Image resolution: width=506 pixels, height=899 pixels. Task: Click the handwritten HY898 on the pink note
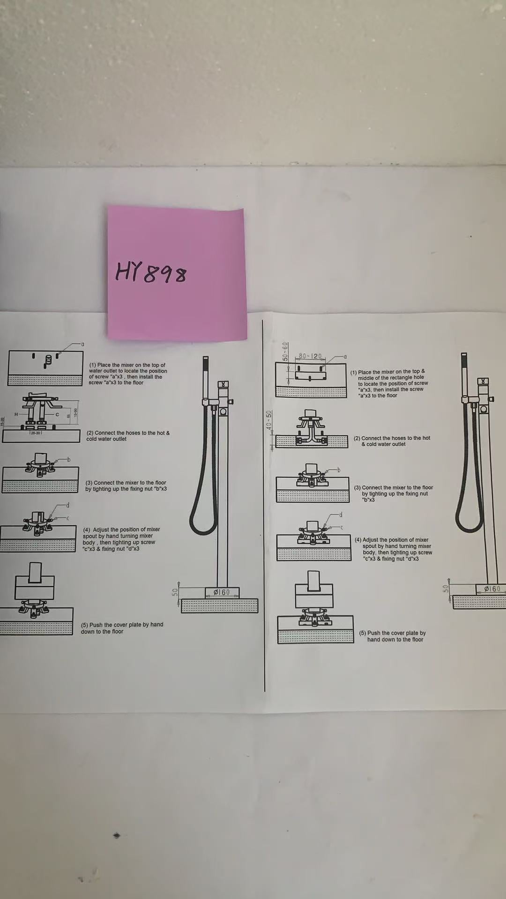coord(151,273)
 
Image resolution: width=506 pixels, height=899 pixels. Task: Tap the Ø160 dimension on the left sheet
coord(222,592)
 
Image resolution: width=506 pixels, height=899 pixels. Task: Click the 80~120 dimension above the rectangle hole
coord(311,356)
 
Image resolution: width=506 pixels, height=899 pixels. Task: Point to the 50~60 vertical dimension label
coord(284,352)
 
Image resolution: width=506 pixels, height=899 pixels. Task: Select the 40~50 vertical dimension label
coord(268,420)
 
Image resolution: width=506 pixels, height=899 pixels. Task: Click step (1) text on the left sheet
coord(128,374)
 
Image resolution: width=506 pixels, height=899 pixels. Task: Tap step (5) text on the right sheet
coord(393,636)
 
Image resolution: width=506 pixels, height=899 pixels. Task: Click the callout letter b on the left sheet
coord(68,460)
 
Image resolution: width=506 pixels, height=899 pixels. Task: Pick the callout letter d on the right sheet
coord(341,515)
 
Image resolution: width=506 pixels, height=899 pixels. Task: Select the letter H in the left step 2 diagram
coord(16,414)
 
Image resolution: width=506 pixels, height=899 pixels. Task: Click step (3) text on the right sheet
coord(394,494)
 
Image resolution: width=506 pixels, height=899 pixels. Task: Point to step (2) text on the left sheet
coord(128,436)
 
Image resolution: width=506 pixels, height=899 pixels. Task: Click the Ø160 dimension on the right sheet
coord(492,589)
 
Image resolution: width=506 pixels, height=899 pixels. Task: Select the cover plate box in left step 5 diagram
coord(34,587)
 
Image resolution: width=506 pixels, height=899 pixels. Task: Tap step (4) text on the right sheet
coord(394,549)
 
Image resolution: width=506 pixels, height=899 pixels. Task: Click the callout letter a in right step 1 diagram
coord(345,357)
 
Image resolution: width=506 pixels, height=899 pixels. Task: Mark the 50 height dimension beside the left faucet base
coord(175,593)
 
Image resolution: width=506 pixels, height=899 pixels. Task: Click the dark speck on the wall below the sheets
coord(117,835)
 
